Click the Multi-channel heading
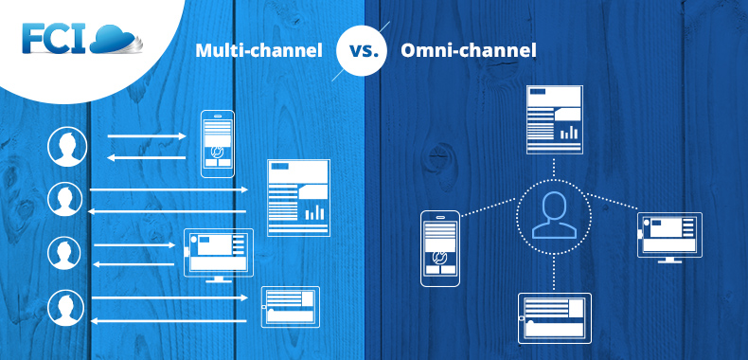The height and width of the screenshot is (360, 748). [x=258, y=50]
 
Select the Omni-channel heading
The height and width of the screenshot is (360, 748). [x=468, y=50]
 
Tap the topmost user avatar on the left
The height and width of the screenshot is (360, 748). [x=67, y=147]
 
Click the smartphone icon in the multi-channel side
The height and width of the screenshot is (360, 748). [x=217, y=144]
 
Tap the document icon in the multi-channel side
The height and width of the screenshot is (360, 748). [x=298, y=197]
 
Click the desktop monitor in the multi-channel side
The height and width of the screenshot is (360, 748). [x=219, y=253]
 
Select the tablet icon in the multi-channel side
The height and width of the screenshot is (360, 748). [x=290, y=307]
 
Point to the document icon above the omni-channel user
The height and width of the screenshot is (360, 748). [x=554, y=118]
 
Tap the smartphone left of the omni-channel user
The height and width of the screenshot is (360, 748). [x=439, y=247]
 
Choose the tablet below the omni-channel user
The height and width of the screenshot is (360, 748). [x=555, y=316]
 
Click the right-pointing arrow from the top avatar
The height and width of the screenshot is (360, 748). [x=147, y=136]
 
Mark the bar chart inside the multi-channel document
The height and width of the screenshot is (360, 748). [x=314, y=212]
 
